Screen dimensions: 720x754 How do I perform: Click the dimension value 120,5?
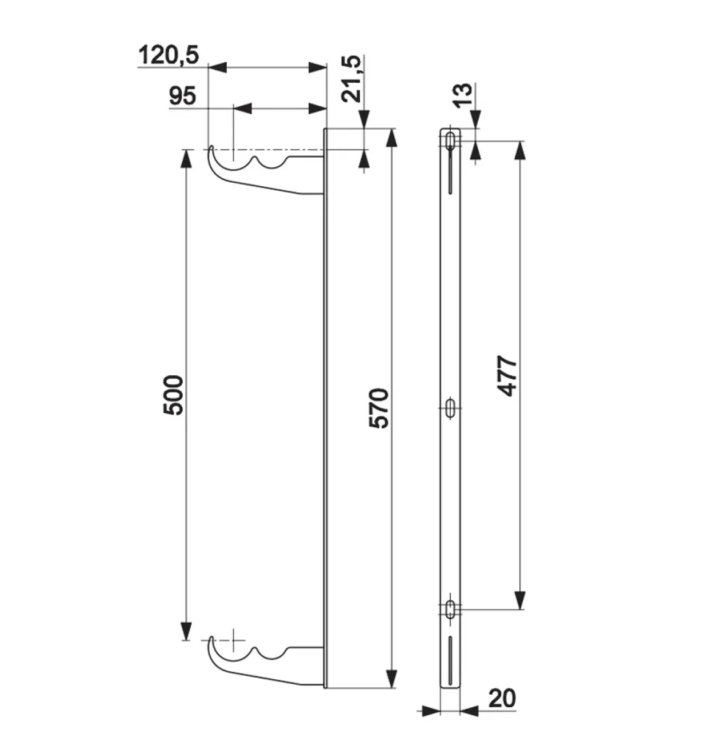169,55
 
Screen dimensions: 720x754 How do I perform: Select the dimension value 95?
183,96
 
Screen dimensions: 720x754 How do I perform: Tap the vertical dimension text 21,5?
352,79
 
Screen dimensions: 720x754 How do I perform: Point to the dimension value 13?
462,94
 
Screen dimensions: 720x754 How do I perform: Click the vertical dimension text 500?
174,395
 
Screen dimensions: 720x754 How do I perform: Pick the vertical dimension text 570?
379,408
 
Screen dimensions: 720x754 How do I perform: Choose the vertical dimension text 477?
507,376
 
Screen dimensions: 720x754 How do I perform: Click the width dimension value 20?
502,698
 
